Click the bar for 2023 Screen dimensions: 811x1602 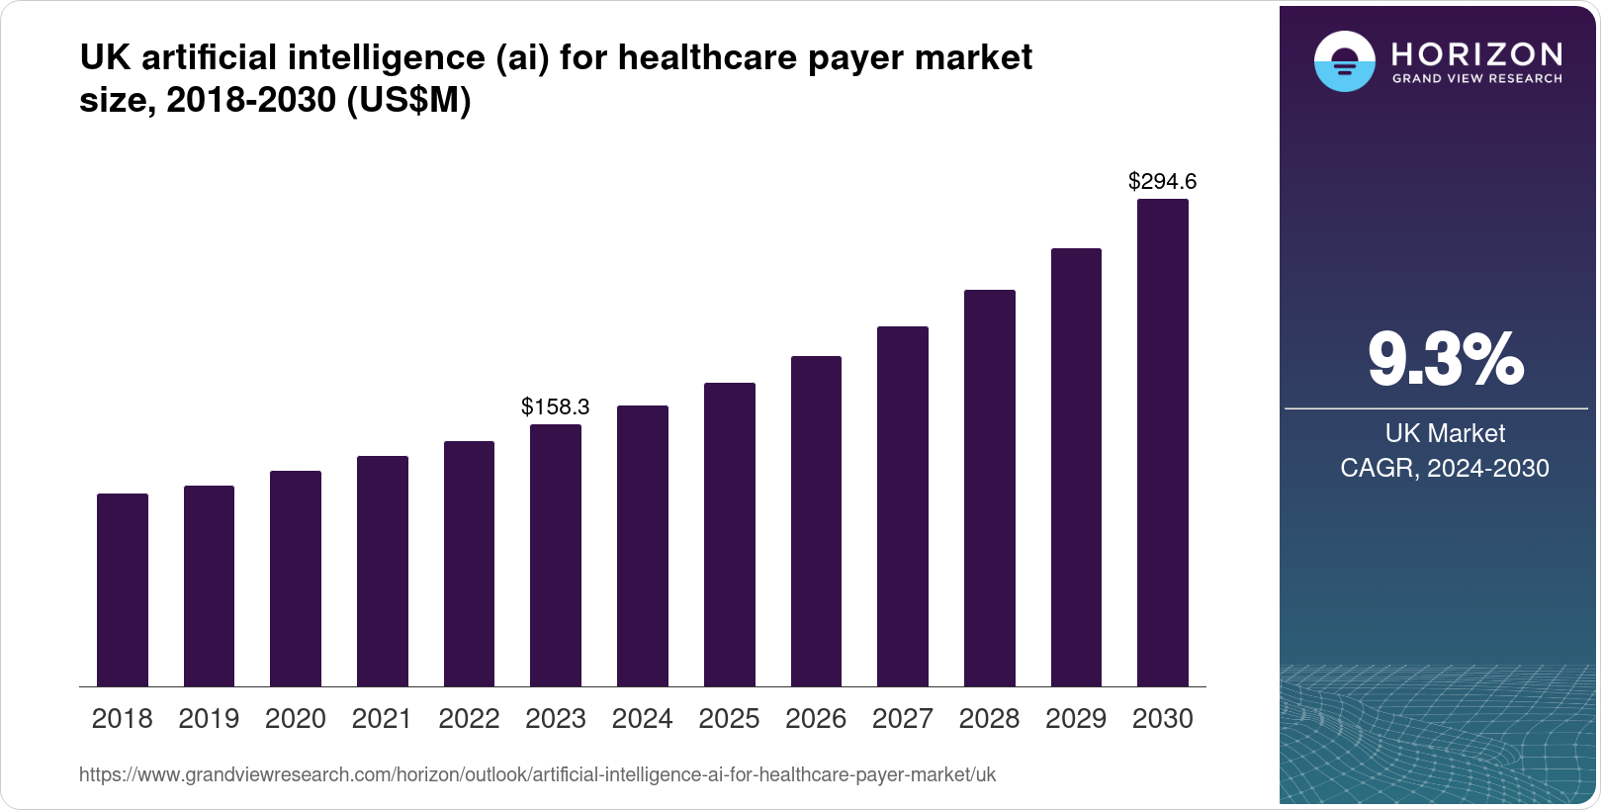(556, 555)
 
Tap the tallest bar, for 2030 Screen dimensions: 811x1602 (1163, 442)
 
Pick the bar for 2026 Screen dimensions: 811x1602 (816, 521)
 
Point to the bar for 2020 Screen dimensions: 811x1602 (296, 579)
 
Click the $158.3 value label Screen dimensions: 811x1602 (556, 406)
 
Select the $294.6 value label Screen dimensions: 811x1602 (1163, 181)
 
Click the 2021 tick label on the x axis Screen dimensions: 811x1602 (382, 719)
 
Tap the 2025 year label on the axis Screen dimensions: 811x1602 (729, 719)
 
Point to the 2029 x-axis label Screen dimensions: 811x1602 (1076, 719)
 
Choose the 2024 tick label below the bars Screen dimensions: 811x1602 (642, 719)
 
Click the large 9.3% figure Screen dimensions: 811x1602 (1445, 360)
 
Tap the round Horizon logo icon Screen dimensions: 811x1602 (1344, 61)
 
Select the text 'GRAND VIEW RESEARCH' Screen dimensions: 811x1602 (1477, 78)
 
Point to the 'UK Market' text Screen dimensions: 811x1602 (1445, 433)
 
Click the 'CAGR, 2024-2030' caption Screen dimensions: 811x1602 (1445, 468)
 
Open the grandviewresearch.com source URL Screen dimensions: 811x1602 (538, 774)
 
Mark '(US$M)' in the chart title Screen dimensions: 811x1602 (408, 100)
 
